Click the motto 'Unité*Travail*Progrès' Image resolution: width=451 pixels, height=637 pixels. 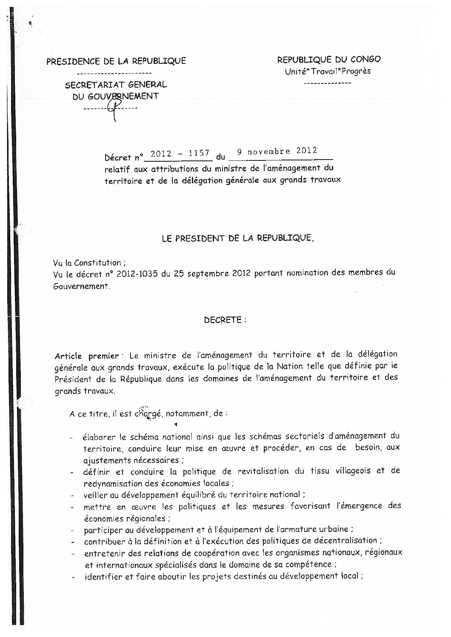(x=328, y=71)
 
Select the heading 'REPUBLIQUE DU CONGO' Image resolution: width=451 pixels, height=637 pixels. (x=329, y=59)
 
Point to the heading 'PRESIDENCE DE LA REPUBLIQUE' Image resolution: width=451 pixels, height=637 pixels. (x=116, y=61)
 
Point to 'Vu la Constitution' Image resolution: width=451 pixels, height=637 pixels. (x=89, y=263)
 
